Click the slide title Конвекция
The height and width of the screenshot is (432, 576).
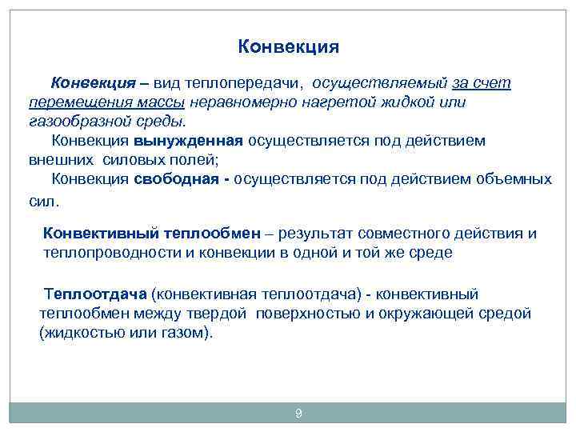point(288,46)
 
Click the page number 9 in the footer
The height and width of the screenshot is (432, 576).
point(298,413)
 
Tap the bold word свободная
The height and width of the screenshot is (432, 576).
point(176,178)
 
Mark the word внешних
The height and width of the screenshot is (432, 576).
point(56,159)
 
